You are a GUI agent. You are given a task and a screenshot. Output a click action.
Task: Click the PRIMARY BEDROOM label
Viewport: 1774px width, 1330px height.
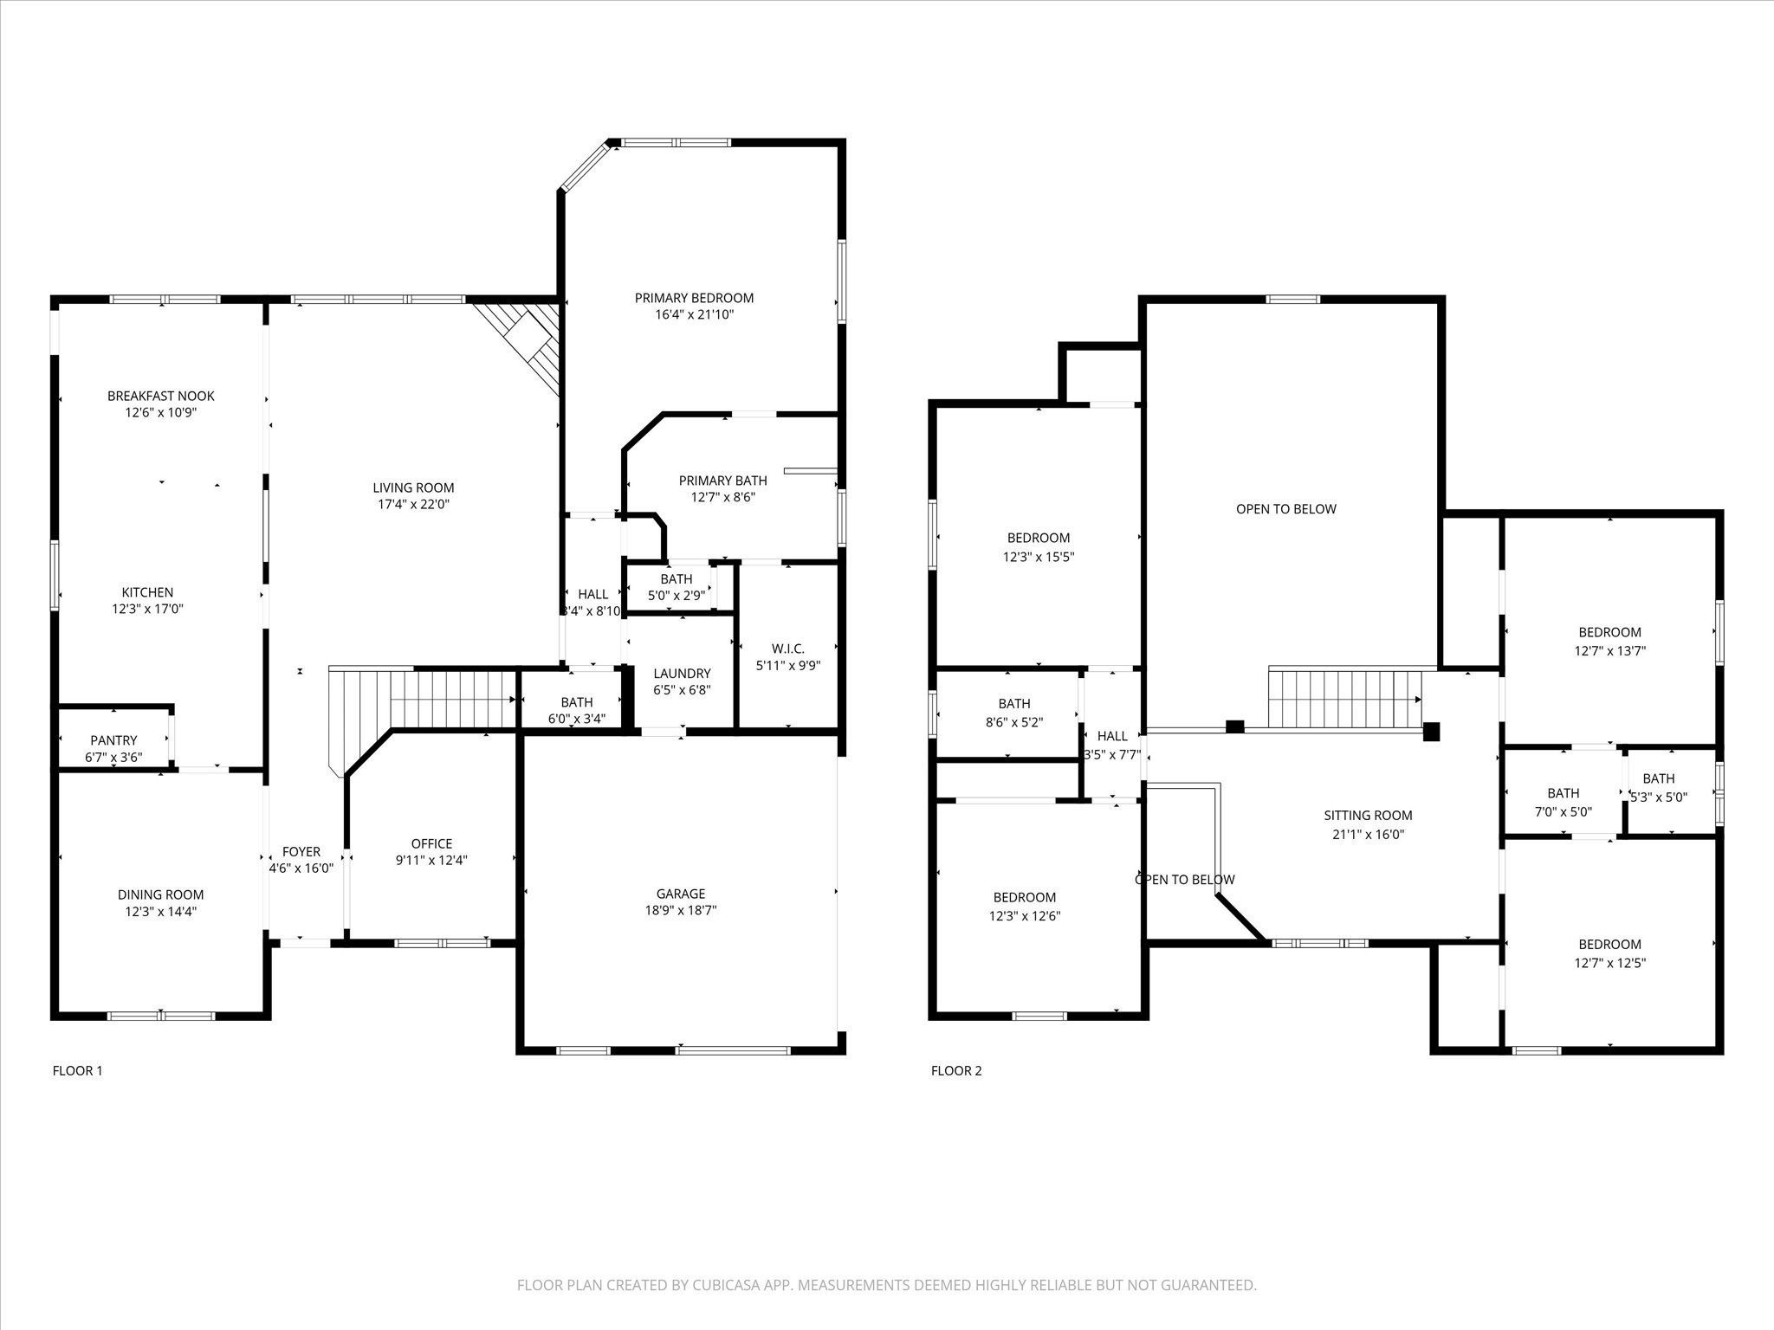point(694,298)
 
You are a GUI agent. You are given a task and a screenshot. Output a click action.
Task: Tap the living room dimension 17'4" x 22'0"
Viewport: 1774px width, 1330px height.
point(413,504)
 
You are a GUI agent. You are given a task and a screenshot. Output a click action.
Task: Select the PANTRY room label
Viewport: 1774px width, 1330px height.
point(113,740)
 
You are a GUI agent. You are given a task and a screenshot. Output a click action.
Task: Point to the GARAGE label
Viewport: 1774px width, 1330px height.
point(680,894)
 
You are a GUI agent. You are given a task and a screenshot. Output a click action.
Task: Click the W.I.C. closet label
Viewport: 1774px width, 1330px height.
point(787,649)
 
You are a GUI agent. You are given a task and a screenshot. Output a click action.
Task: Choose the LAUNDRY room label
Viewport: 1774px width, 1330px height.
point(682,674)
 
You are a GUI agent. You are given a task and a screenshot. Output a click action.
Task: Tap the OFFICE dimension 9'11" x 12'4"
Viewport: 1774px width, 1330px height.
point(431,860)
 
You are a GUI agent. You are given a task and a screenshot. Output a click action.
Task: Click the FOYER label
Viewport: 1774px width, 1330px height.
point(301,852)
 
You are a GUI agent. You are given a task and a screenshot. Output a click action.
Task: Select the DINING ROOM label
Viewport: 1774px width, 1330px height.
point(160,894)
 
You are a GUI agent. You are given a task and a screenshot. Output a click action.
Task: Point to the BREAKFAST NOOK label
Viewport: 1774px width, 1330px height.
point(160,396)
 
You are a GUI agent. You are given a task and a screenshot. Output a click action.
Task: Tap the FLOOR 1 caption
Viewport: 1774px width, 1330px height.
point(77,1070)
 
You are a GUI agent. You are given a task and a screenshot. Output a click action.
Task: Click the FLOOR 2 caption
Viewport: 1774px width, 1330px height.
point(956,1070)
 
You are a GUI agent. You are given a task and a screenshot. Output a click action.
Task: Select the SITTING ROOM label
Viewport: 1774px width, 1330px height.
point(1368,816)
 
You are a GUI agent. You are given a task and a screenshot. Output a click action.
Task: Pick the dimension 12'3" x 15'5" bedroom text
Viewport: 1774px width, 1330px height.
point(1038,557)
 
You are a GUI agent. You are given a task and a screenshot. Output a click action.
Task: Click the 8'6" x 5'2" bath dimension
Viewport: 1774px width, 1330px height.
point(1013,720)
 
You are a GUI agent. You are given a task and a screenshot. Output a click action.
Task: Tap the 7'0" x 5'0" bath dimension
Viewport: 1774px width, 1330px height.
point(1563,811)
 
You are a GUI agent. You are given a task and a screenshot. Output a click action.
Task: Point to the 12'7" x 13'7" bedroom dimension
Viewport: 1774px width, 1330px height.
point(1609,650)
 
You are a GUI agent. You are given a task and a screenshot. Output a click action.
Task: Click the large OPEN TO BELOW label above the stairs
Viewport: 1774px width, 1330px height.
point(1285,509)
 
